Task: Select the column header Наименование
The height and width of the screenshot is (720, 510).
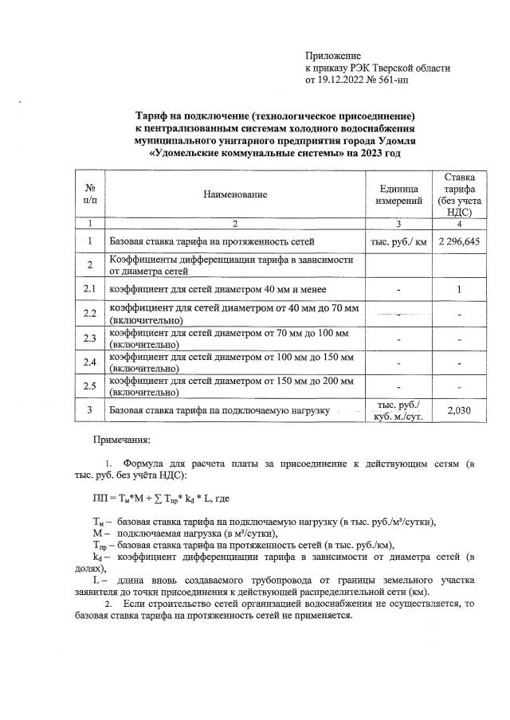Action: pyautogui.click(x=234, y=194)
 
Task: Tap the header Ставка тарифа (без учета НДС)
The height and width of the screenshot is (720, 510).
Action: pyautogui.click(x=459, y=194)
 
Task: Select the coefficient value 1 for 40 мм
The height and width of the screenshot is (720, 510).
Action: pyautogui.click(x=459, y=288)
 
